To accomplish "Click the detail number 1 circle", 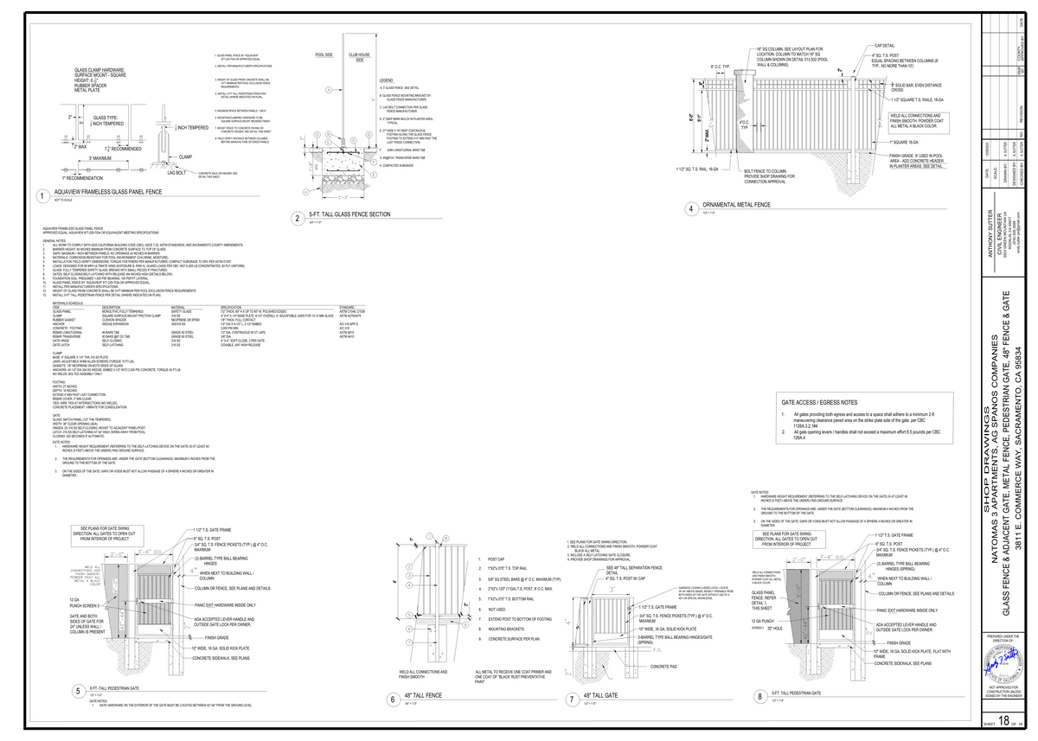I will tap(42, 197).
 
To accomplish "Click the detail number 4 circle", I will tap(691, 208).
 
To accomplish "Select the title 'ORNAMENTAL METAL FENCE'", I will tap(736, 205).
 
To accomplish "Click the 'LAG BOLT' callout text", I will tap(178, 173).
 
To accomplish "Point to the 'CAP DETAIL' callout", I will tap(885, 45).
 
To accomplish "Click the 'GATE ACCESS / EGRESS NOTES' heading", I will tap(819, 403).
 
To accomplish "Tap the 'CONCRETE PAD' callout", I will tap(664, 666).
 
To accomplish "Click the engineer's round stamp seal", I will tap(1004, 666).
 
